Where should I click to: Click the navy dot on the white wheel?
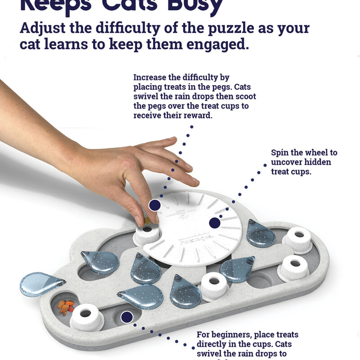[215, 223]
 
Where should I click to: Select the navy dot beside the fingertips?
[155, 205]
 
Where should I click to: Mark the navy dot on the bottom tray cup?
[127, 317]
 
